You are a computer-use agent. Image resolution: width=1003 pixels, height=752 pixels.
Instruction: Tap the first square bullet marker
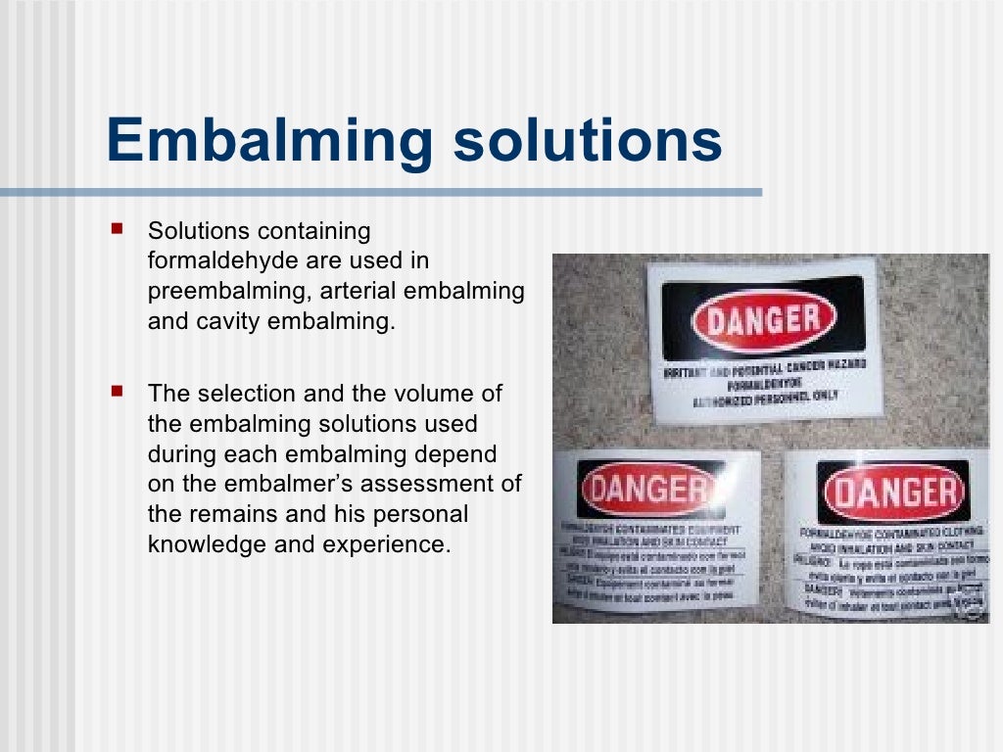pyautogui.click(x=119, y=229)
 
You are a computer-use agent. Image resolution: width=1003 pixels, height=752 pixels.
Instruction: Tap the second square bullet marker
pyautogui.click(x=119, y=392)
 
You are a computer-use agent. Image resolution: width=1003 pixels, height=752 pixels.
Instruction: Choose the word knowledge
pyautogui.click(x=207, y=544)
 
